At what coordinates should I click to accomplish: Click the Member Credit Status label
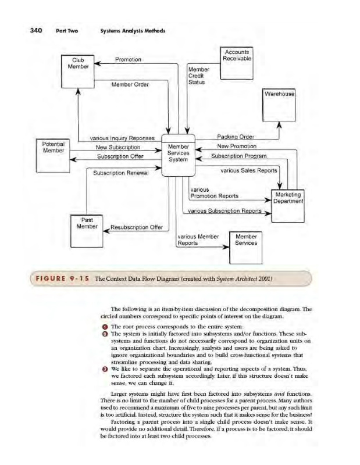pos(198,76)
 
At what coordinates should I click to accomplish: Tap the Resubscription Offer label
pos(136,227)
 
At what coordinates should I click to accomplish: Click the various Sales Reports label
pos(248,171)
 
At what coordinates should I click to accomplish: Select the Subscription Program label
pos(238,156)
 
